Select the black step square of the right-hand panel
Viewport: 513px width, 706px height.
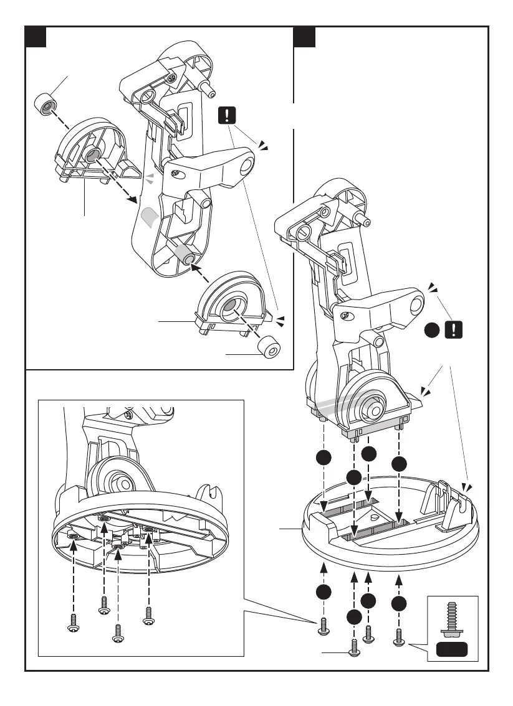pyautogui.click(x=305, y=37)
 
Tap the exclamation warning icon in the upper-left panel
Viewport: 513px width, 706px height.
pyautogui.click(x=228, y=115)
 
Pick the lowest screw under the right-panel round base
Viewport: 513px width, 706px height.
pyautogui.click(x=355, y=647)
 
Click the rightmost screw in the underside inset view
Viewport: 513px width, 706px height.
pyautogui.click(x=148, y=615)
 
